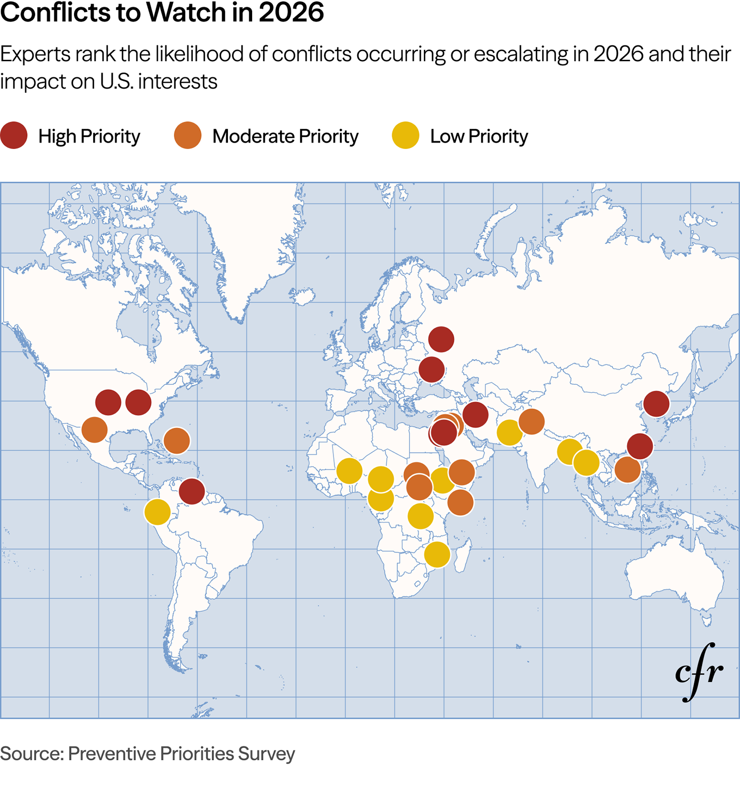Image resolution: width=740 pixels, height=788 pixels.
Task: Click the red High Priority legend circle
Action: click(x=14, y=136)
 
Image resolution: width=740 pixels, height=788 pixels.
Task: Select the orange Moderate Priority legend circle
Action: click(x=188, y=136)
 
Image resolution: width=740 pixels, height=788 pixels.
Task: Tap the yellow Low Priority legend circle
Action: click(x=406, y=136)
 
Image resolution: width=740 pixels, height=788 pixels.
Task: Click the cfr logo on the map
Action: click(x=699, y=672)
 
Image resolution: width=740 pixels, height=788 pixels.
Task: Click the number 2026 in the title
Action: click(x=291, y=12)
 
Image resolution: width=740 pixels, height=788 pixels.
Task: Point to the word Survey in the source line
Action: click(x=266, y=753)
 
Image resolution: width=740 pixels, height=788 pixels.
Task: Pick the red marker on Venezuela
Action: click(x=192, y=491)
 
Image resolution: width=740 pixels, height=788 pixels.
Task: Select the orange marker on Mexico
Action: click(x=95, y=429)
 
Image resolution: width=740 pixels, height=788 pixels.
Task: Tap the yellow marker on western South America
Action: click(x=157, y=512)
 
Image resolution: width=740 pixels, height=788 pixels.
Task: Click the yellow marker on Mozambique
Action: click(x=437, y=554)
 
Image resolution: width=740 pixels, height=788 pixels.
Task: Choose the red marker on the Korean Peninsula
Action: click(x=656, y=404)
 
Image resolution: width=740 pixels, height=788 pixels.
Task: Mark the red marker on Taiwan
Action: click(x=640, y=446)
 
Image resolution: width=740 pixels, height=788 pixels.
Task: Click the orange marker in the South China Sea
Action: click(x=628, y=469)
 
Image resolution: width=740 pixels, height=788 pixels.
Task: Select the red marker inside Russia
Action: click(x=441, y=339)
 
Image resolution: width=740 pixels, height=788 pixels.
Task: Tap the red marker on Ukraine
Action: click(x=432, y=370)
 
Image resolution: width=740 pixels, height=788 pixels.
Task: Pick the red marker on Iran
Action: click(x=475, y=414)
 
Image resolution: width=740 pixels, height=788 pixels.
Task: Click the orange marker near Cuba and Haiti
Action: click(x=177, y=441)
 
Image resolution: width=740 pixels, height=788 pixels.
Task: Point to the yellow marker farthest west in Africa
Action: click(x=349, y=471)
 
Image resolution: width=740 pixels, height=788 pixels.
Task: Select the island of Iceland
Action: click(x=302, y=296)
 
